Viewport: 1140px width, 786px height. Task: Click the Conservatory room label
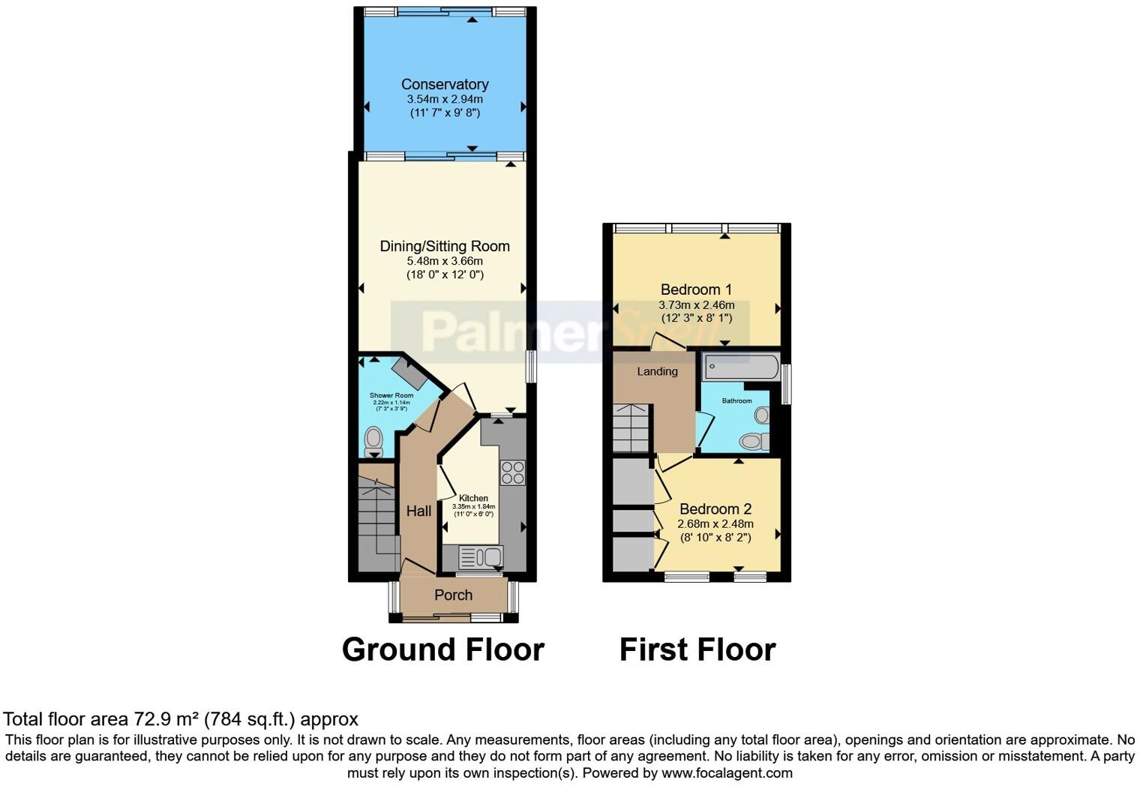445,85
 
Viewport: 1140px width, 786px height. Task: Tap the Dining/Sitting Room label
445,246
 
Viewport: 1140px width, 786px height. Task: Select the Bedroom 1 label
696,289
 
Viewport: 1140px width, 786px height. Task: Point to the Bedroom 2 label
715,509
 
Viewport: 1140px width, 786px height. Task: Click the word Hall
418,511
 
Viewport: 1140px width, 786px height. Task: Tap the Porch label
453,595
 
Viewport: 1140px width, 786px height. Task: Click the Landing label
657,371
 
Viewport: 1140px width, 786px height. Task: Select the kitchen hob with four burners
513,472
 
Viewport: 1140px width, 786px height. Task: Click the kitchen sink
480,557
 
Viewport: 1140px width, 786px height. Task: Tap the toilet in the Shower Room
373,442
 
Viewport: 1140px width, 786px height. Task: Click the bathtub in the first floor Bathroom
741,367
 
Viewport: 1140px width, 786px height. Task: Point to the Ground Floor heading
442,649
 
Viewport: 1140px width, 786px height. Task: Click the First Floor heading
697,649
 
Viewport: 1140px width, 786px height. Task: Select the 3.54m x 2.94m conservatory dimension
445,99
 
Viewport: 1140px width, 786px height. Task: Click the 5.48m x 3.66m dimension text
445,261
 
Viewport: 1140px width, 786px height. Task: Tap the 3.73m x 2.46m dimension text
696,305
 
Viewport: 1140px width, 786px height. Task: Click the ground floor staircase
376,517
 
